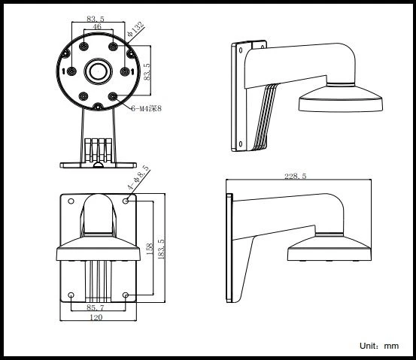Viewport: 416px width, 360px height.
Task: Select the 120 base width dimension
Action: pos(96,318)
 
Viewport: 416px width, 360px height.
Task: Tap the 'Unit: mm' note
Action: pos(379,346)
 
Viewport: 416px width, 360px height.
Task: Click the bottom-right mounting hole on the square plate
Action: pos(128,295)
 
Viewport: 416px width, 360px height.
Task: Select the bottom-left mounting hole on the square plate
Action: pos(70,295)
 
